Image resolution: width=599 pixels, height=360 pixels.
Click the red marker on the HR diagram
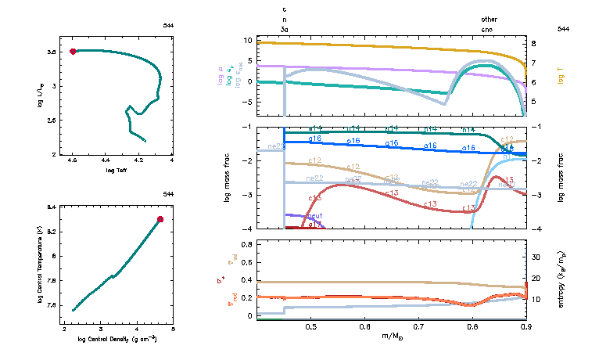73,52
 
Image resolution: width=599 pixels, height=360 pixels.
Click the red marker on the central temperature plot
160,219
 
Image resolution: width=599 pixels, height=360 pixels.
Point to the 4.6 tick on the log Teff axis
73,161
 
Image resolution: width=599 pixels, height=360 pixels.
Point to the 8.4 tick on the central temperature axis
51,207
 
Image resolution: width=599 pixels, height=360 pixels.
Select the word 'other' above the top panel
489,19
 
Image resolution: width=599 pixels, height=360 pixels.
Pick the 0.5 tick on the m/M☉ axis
310,327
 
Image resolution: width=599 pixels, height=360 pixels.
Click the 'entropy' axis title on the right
562,278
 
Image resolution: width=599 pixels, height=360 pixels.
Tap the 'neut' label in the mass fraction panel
315,215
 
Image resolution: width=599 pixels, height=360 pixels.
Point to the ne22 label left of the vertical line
276,146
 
